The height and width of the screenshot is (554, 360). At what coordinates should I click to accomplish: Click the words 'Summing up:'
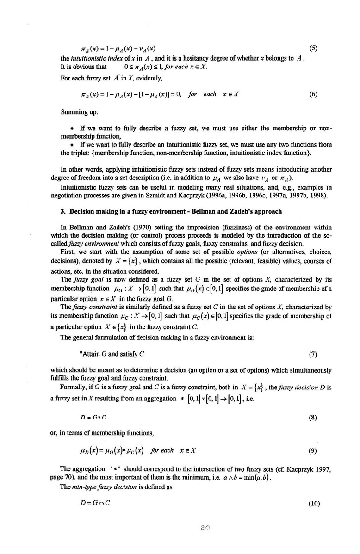click(x=77, y=112)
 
